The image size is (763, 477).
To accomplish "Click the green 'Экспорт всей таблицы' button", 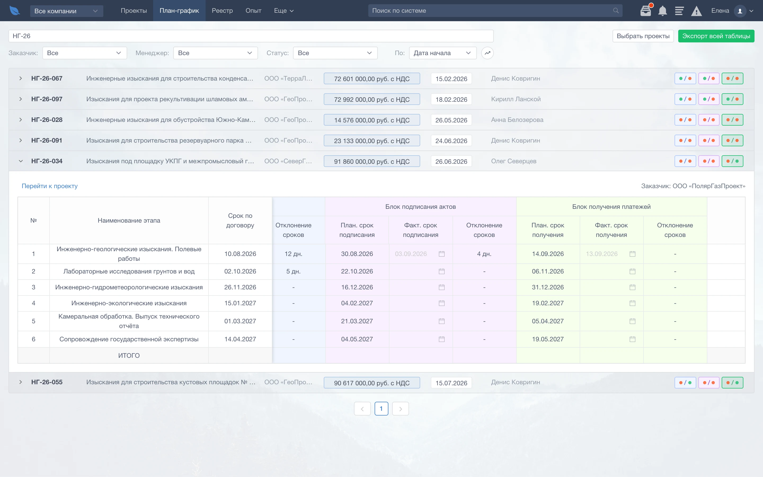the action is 716,36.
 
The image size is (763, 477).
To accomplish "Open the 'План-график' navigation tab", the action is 179,11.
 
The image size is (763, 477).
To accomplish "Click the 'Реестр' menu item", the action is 222,11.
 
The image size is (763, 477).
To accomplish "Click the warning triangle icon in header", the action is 696,11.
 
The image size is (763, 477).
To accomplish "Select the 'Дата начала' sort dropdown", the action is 443,53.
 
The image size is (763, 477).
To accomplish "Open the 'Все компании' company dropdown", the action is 66,11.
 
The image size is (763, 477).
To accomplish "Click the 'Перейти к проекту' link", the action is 50,186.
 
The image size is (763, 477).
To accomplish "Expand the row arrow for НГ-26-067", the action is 20,78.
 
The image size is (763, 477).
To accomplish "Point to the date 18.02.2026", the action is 451,99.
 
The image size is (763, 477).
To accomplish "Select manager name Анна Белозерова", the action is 517,120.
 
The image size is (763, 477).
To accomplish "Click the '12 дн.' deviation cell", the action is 293,254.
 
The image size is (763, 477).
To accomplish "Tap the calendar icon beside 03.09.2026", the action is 442,254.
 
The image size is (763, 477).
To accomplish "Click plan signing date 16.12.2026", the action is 357,288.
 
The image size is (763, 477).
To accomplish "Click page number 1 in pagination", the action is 381,409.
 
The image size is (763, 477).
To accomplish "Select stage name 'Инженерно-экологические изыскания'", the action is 129,303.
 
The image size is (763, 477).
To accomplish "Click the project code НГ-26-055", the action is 47,382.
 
